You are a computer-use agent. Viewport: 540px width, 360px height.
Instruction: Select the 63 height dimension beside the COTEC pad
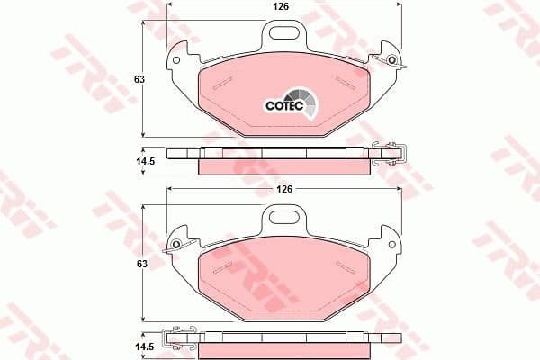139,79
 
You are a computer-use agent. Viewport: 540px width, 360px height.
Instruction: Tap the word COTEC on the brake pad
283,105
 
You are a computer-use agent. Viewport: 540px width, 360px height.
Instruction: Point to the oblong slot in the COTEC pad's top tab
284,34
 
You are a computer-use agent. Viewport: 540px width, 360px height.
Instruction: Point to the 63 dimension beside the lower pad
139,265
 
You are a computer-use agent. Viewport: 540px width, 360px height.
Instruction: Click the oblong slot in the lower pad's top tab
283,216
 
